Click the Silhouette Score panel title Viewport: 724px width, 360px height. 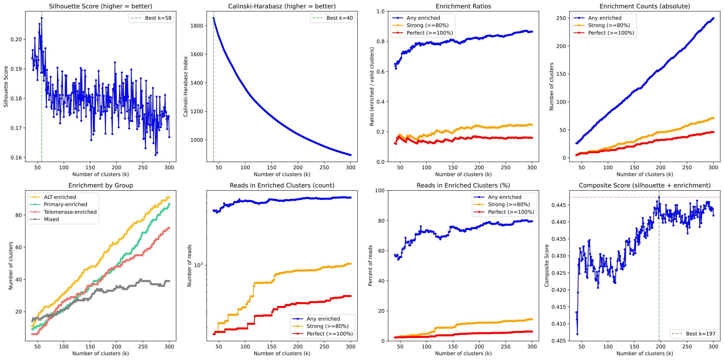100,6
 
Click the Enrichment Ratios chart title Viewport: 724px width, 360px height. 463,6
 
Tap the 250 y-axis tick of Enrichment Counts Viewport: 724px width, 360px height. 561,18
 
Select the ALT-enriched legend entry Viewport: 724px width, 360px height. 60,197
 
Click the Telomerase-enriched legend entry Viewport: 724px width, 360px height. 70,212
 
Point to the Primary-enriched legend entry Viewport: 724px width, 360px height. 65,204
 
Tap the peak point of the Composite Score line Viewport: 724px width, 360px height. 659,197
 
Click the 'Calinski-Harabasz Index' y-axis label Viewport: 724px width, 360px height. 185,87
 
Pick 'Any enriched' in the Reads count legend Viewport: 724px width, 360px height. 323,319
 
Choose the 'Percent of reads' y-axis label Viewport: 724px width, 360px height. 370,266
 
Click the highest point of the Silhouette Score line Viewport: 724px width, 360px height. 42,18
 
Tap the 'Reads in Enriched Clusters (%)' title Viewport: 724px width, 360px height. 463,185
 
